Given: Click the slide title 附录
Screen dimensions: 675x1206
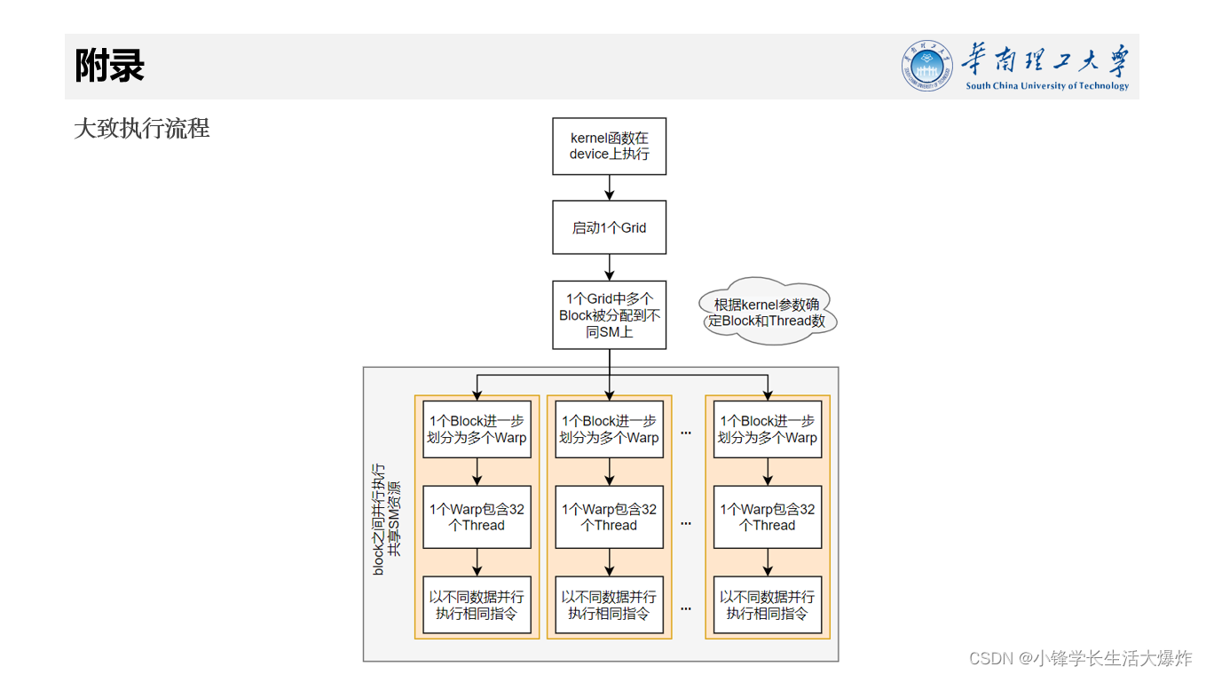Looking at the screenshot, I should [x=109, y=67].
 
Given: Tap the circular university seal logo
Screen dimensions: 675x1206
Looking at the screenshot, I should [x=927, y=65].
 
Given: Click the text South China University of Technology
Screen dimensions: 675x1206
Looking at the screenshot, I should [x=1047, y=86].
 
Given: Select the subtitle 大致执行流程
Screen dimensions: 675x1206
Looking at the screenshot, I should [x=142, y=129].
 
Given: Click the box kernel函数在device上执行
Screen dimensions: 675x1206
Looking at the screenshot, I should [x=609, y=147].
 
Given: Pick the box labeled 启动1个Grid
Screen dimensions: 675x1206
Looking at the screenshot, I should [x=609, y=228].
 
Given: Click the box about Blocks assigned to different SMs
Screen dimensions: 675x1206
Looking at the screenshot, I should [x=609, y=315].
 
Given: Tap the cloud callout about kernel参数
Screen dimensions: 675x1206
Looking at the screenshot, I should [x=767, y=313].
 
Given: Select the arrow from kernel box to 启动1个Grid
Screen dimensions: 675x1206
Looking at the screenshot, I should [x=609, y=187].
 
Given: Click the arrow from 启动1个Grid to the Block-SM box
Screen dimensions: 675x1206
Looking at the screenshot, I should [x=609, y=268].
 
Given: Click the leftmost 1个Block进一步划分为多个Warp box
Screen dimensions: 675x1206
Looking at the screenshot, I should [x=477, y=429].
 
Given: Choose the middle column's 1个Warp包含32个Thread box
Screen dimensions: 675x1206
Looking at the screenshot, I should [x=609, y=517].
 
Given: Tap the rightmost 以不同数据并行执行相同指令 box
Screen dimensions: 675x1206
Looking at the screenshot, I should [x=767, y=605].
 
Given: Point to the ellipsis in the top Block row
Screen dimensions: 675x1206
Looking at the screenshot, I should [x=685, y=431].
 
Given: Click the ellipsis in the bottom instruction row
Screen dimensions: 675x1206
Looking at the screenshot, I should [x=685, y=607].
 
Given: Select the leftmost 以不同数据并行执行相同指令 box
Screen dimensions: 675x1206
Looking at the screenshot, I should [x=477, y=605].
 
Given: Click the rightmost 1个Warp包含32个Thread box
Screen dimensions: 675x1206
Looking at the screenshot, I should [x=767, y=517].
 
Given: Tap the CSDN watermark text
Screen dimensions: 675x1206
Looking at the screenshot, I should [x=1080, y=658].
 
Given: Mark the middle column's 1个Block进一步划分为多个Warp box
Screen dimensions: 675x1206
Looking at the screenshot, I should [x=609, y=429].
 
